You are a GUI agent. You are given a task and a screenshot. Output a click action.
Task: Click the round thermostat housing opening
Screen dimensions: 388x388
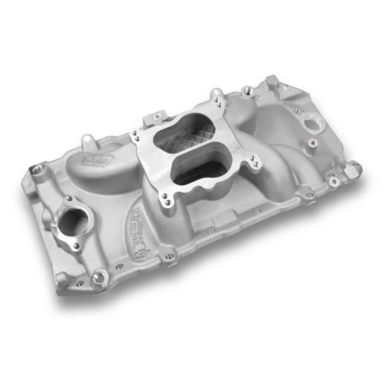(x=71, y=221)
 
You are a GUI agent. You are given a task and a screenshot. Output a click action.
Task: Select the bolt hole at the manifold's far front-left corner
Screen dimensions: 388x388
(x=37, y=170)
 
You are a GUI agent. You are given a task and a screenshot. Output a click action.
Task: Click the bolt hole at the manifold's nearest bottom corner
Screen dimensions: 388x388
(x=99, y=277)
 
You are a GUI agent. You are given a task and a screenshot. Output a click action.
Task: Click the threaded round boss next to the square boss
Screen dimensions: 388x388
(x=248, y=90)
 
